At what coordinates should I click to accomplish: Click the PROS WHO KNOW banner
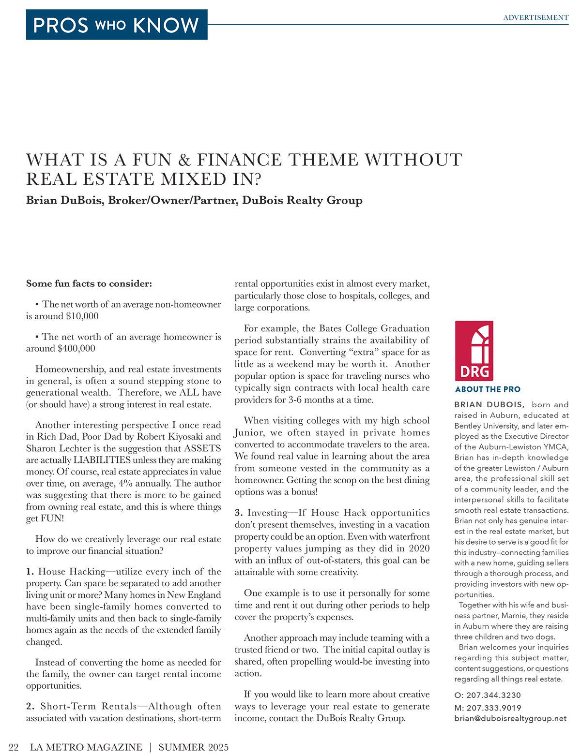pyautogui.click(x=116, y=25)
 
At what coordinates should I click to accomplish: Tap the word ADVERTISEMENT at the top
pyautogui.click(x=535, y=17)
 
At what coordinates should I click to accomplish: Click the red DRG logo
pyautogui.click(x=474, y=351)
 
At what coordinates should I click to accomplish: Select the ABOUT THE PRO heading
pyautogui.click(x=488, y=389)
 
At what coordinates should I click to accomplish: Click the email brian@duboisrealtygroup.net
pyautogui.click(x=510, y=718)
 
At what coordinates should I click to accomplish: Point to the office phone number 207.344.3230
pyautogui.click(x=493, y=695)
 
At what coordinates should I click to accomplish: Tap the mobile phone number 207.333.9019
pyautogui.click(x=494, y=707)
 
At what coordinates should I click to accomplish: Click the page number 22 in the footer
pyautogui.click(x=14, y=747)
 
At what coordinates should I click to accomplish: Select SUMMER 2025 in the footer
pyautogui.click(x=193, y=747)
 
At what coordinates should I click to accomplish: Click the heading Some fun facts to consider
pyautogui.click(x=89, y=283)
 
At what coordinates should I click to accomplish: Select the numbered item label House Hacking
pyautogui.click(x=72, y=572)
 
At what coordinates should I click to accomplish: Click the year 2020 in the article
pyautogui.click(x=419, y=548)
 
